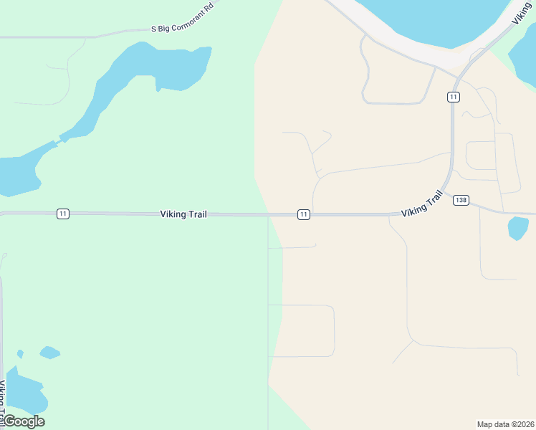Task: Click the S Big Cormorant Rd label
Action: click(x=183, y=27)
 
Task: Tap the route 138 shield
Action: click(x=461, y=201)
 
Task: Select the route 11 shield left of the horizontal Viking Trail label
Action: click(x=63, y=214)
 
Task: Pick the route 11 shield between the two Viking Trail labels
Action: click(x=304, y=214)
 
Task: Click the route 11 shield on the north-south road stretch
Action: click(x=453, y=97)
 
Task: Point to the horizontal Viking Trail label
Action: click(x=183, y=214)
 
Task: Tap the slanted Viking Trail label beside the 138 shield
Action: click(x=422, y=204)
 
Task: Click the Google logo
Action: click(x=24, y=421)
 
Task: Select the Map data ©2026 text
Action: click(x=506, y=424)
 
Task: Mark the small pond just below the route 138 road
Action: click(x=517, y=228)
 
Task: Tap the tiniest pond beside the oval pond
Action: click(x=20, y=354)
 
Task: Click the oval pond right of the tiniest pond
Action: click(x=49, y=352)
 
